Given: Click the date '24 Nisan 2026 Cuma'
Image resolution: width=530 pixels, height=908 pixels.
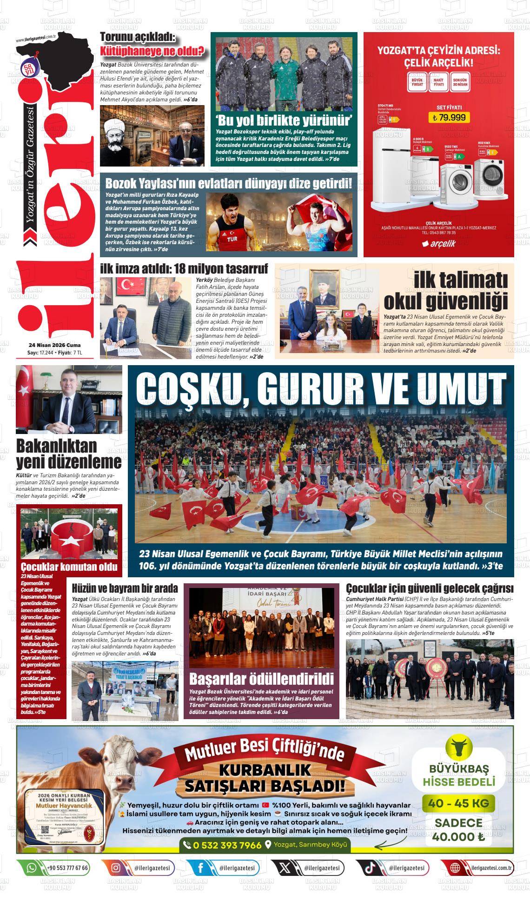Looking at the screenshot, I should tap(54, 345).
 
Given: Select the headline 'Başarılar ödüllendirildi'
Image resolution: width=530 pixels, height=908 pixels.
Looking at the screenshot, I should tap(261, 679).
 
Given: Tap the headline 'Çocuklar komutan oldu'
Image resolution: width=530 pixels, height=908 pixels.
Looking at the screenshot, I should tap(69, 567).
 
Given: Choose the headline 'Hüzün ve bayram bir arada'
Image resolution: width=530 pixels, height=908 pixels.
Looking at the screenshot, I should tap(125, 588).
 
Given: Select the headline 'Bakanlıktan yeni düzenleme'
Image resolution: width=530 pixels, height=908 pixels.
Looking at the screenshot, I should tap(69, 454).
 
